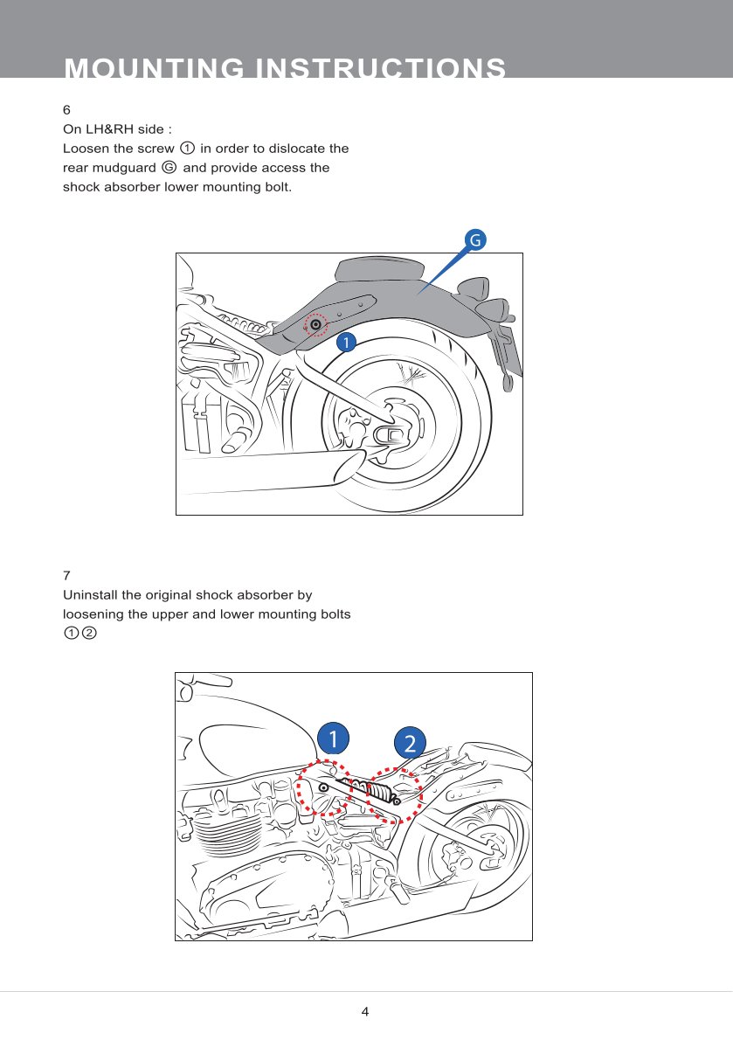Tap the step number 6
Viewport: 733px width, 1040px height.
66,110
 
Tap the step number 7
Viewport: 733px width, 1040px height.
66,575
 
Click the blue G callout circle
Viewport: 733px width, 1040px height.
474,239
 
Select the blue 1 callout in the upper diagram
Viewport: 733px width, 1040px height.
347,343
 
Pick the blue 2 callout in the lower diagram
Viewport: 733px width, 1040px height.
410,743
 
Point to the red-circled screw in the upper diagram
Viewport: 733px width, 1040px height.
315,325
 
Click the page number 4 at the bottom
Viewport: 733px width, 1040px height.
365,1012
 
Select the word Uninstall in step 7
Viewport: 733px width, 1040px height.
90,595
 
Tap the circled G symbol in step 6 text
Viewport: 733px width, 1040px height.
169,168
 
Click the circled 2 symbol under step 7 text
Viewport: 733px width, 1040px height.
88,633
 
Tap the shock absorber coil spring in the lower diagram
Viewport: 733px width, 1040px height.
380,792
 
